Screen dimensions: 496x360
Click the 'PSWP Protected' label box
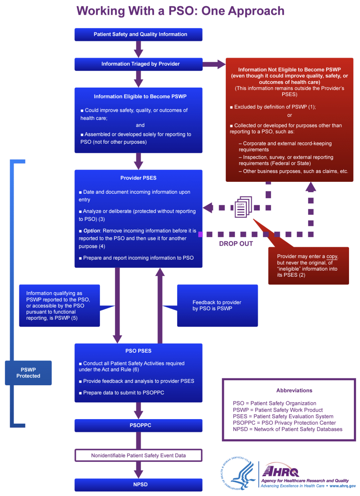[28, 373]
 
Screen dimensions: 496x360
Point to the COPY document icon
[242, 207]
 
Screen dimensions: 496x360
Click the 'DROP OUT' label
[236, 244]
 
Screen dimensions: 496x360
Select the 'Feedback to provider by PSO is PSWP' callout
[217, 305]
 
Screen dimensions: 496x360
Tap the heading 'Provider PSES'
[138, 178]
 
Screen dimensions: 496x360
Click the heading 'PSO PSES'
[138, 351]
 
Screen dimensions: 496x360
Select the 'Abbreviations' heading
[294, 390]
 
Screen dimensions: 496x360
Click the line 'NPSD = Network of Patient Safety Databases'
[287, 429]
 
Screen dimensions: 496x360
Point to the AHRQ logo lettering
[281, 471]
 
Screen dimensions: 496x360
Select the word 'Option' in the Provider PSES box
[92, 231]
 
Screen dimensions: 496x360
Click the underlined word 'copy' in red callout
[332, 256]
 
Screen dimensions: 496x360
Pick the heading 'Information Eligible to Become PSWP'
[140, 97]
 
